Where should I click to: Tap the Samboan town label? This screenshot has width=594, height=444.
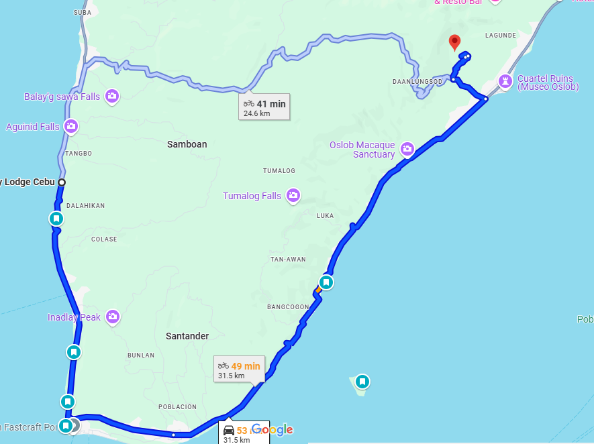pyautogui.click(x=187, y=144)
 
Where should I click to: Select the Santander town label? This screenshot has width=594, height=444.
pyautogui.click(x=187, y=336)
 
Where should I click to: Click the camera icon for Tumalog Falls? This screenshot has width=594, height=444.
pyautogui.click(x=293, y=196)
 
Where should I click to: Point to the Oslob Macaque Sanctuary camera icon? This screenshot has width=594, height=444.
pyautogui.click(x=407, y=149)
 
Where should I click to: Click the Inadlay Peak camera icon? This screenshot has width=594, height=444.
pyautogui.click(x=112, y=317)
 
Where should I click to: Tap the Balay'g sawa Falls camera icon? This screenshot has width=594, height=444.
pyautogui.click(x=111, y=97)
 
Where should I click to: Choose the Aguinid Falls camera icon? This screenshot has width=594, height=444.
pyautogui.click(x=71, y=126)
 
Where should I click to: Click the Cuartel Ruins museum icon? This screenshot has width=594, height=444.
pyautogui.click(x=505, y=82)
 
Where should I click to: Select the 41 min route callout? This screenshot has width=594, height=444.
pyautogui.click(x=264, y=107)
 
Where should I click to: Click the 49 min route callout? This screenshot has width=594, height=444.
pyautogui.click(x=239, y=370)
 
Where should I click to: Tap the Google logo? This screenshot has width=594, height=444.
pyautogui.click(x=273, y=429)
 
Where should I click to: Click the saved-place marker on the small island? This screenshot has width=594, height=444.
pyautogui.click(x=362, y=382)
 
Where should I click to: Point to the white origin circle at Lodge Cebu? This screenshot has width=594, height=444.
pyautogui.click(x=61, y=182)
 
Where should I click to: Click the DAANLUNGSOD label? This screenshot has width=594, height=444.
pyautogui.click(x=417, y=81)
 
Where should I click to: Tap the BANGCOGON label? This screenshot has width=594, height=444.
pyautogui.click(x=287, y=307)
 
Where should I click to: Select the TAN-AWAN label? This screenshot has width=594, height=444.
pyautogui.click(x=288, y=259)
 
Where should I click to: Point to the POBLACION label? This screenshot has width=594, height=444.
pyautogui.click(x=177, y=406)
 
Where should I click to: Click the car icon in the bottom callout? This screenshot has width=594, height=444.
pyautogui.click(x=229, y=431)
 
